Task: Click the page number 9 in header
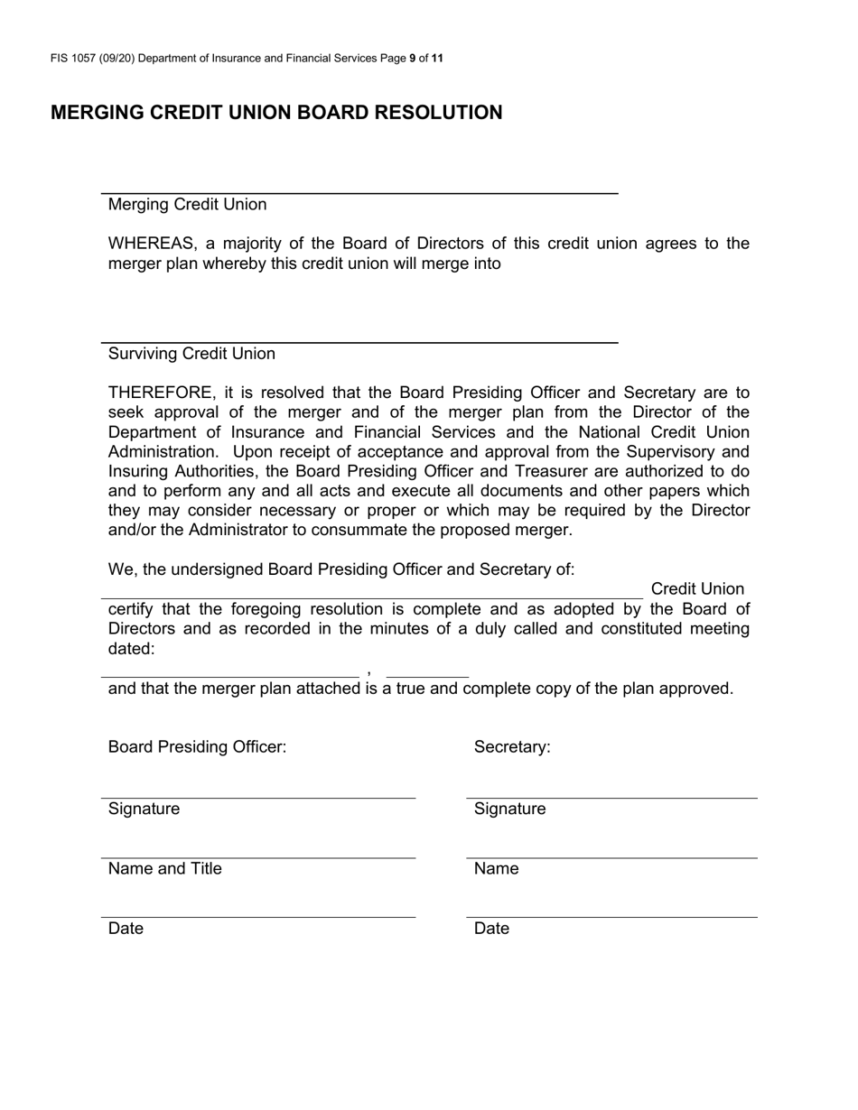413,59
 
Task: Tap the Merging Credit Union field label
187,205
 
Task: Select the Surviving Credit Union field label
191,354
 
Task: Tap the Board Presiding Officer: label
197,747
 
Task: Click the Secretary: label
512,747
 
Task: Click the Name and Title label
164,869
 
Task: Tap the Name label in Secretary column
496,869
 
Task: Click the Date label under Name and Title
126,929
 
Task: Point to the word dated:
131,649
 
